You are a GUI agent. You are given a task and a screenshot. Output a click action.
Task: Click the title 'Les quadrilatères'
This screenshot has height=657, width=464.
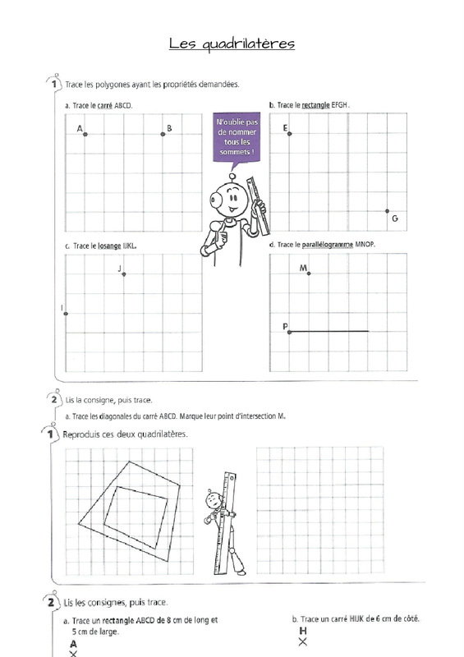pyautogui.click(x=232, y=44)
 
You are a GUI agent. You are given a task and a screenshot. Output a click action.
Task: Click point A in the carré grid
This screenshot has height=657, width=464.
pyautogui.click(x=85, y=134)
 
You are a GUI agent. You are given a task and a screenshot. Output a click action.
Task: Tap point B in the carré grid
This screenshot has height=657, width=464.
pyautogui.click(x=163, y=134)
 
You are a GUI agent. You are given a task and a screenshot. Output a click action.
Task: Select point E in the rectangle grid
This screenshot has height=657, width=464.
pyautogui.click(x=290, y=134)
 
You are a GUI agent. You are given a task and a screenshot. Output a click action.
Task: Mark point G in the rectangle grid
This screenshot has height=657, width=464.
pyautogui.click(x=388, y=211)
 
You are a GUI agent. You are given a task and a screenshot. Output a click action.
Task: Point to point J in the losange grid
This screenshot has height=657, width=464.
pyautogui.click(x=124, y=274)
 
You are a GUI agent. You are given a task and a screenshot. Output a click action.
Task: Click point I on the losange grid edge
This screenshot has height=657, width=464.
pyautogui.click(x=66, y=314)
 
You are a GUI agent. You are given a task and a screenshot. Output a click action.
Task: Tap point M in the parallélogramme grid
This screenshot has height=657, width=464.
pyautogui.click(x=309, y=273)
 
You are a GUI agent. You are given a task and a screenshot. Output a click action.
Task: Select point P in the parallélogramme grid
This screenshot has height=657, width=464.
pyautogui.click(x=290, y=333)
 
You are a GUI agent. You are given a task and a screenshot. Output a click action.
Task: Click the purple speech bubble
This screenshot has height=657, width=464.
pyautogui.click(x=237, y=137)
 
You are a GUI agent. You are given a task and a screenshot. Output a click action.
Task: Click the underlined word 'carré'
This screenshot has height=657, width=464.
pyautogui.click(x=105, y=106)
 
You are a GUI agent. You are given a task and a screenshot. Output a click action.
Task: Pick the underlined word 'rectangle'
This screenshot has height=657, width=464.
pyautogui.click(x=315, y=105)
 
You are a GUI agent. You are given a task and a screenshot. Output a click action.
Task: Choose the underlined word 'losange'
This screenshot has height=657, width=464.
pyautogui.click(x=109, y=246)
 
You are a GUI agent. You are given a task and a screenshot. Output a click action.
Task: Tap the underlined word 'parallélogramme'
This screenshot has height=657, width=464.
pyautogui.click(x=328, y=244)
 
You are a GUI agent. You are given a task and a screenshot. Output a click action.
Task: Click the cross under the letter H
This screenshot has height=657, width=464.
pyautogui.click(x=303, y=641)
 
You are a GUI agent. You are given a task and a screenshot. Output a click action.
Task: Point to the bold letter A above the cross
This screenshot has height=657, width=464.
pyautogui.click(x=73, y=644)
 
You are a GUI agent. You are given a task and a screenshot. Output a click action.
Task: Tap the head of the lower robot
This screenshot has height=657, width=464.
pyautogui.click(x=213, y=498)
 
